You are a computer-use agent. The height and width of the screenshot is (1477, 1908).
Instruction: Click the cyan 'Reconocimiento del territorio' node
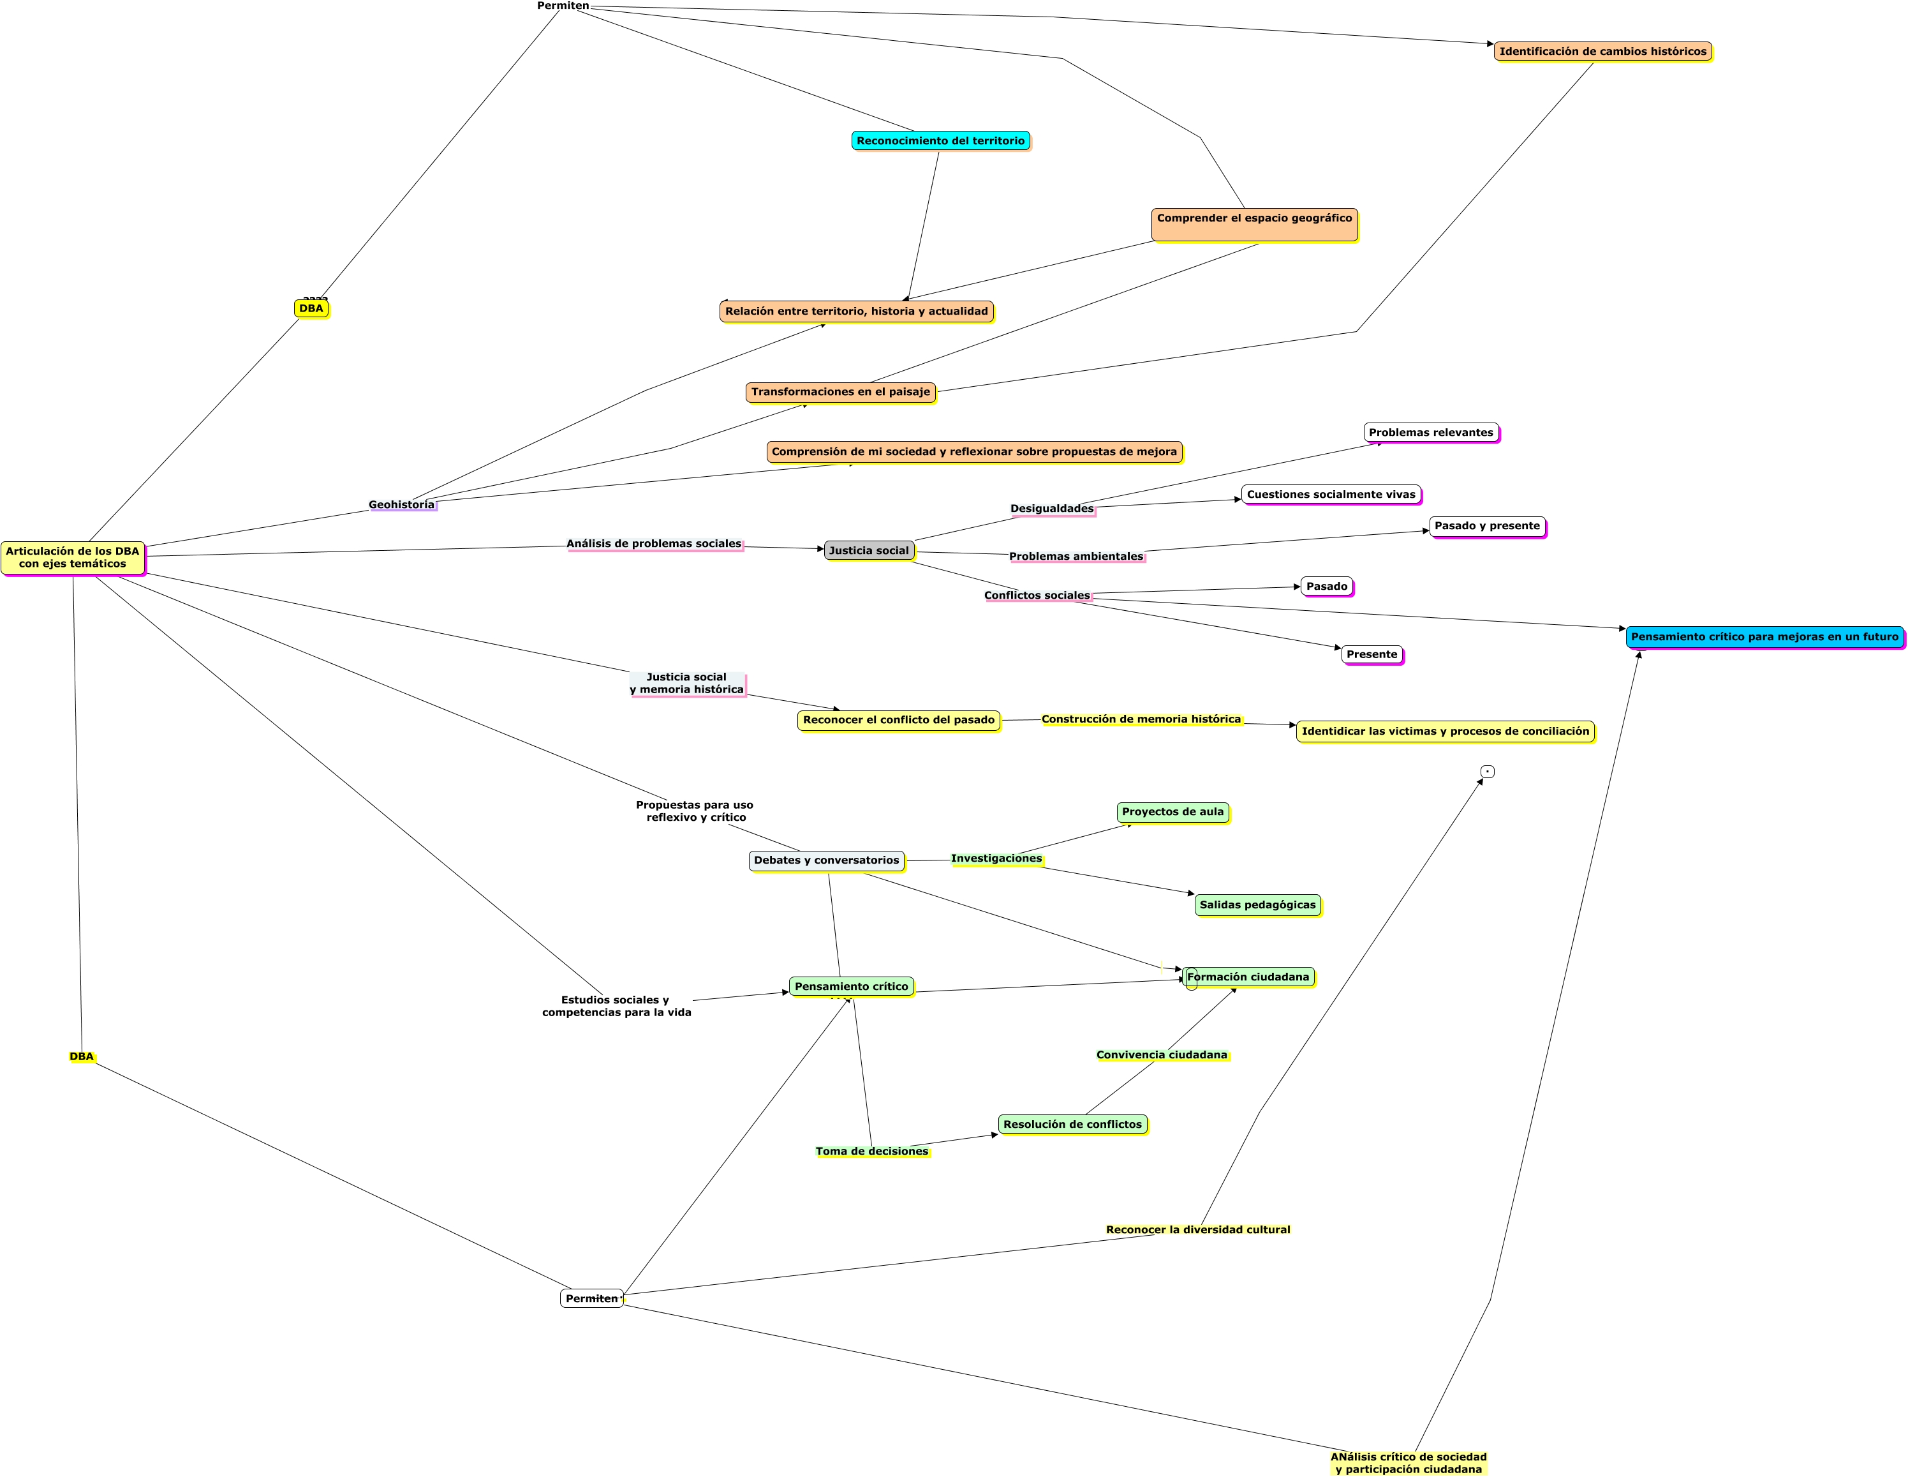point(940,140)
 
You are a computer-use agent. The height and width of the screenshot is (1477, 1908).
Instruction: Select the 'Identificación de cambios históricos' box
point(1602,52)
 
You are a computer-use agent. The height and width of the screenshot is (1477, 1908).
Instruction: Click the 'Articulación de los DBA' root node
point(73,558)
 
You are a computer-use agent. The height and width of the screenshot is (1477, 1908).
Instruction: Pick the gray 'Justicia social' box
point(868,551)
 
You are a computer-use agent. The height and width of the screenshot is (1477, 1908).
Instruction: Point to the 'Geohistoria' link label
point(401,505)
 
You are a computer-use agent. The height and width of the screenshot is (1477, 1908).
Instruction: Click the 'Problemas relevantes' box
point(1430,433)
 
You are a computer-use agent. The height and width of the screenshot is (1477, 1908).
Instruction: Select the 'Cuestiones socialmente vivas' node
point(1331,495)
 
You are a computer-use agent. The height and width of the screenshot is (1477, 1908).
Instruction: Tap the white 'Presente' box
point(1372,655)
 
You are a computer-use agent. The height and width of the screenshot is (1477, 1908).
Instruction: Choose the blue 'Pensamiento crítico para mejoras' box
point(1764,637)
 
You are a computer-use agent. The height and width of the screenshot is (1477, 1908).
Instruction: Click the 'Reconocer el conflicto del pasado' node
point(898,720)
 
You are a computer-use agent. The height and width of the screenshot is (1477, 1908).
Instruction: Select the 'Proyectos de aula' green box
point(1172,812)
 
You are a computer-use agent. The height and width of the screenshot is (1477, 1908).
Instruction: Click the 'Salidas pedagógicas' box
point(1257,904)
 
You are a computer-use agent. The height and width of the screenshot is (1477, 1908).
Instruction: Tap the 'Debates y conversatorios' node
point(825,861)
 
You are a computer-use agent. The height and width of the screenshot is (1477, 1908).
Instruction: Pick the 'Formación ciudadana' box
point(1248,977)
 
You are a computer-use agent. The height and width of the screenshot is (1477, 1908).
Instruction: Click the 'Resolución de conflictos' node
point(1072,1125)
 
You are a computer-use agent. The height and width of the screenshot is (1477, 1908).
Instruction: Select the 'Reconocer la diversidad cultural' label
point(1197,1230)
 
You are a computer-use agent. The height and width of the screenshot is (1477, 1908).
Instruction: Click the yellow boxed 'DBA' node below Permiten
point(311,308)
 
